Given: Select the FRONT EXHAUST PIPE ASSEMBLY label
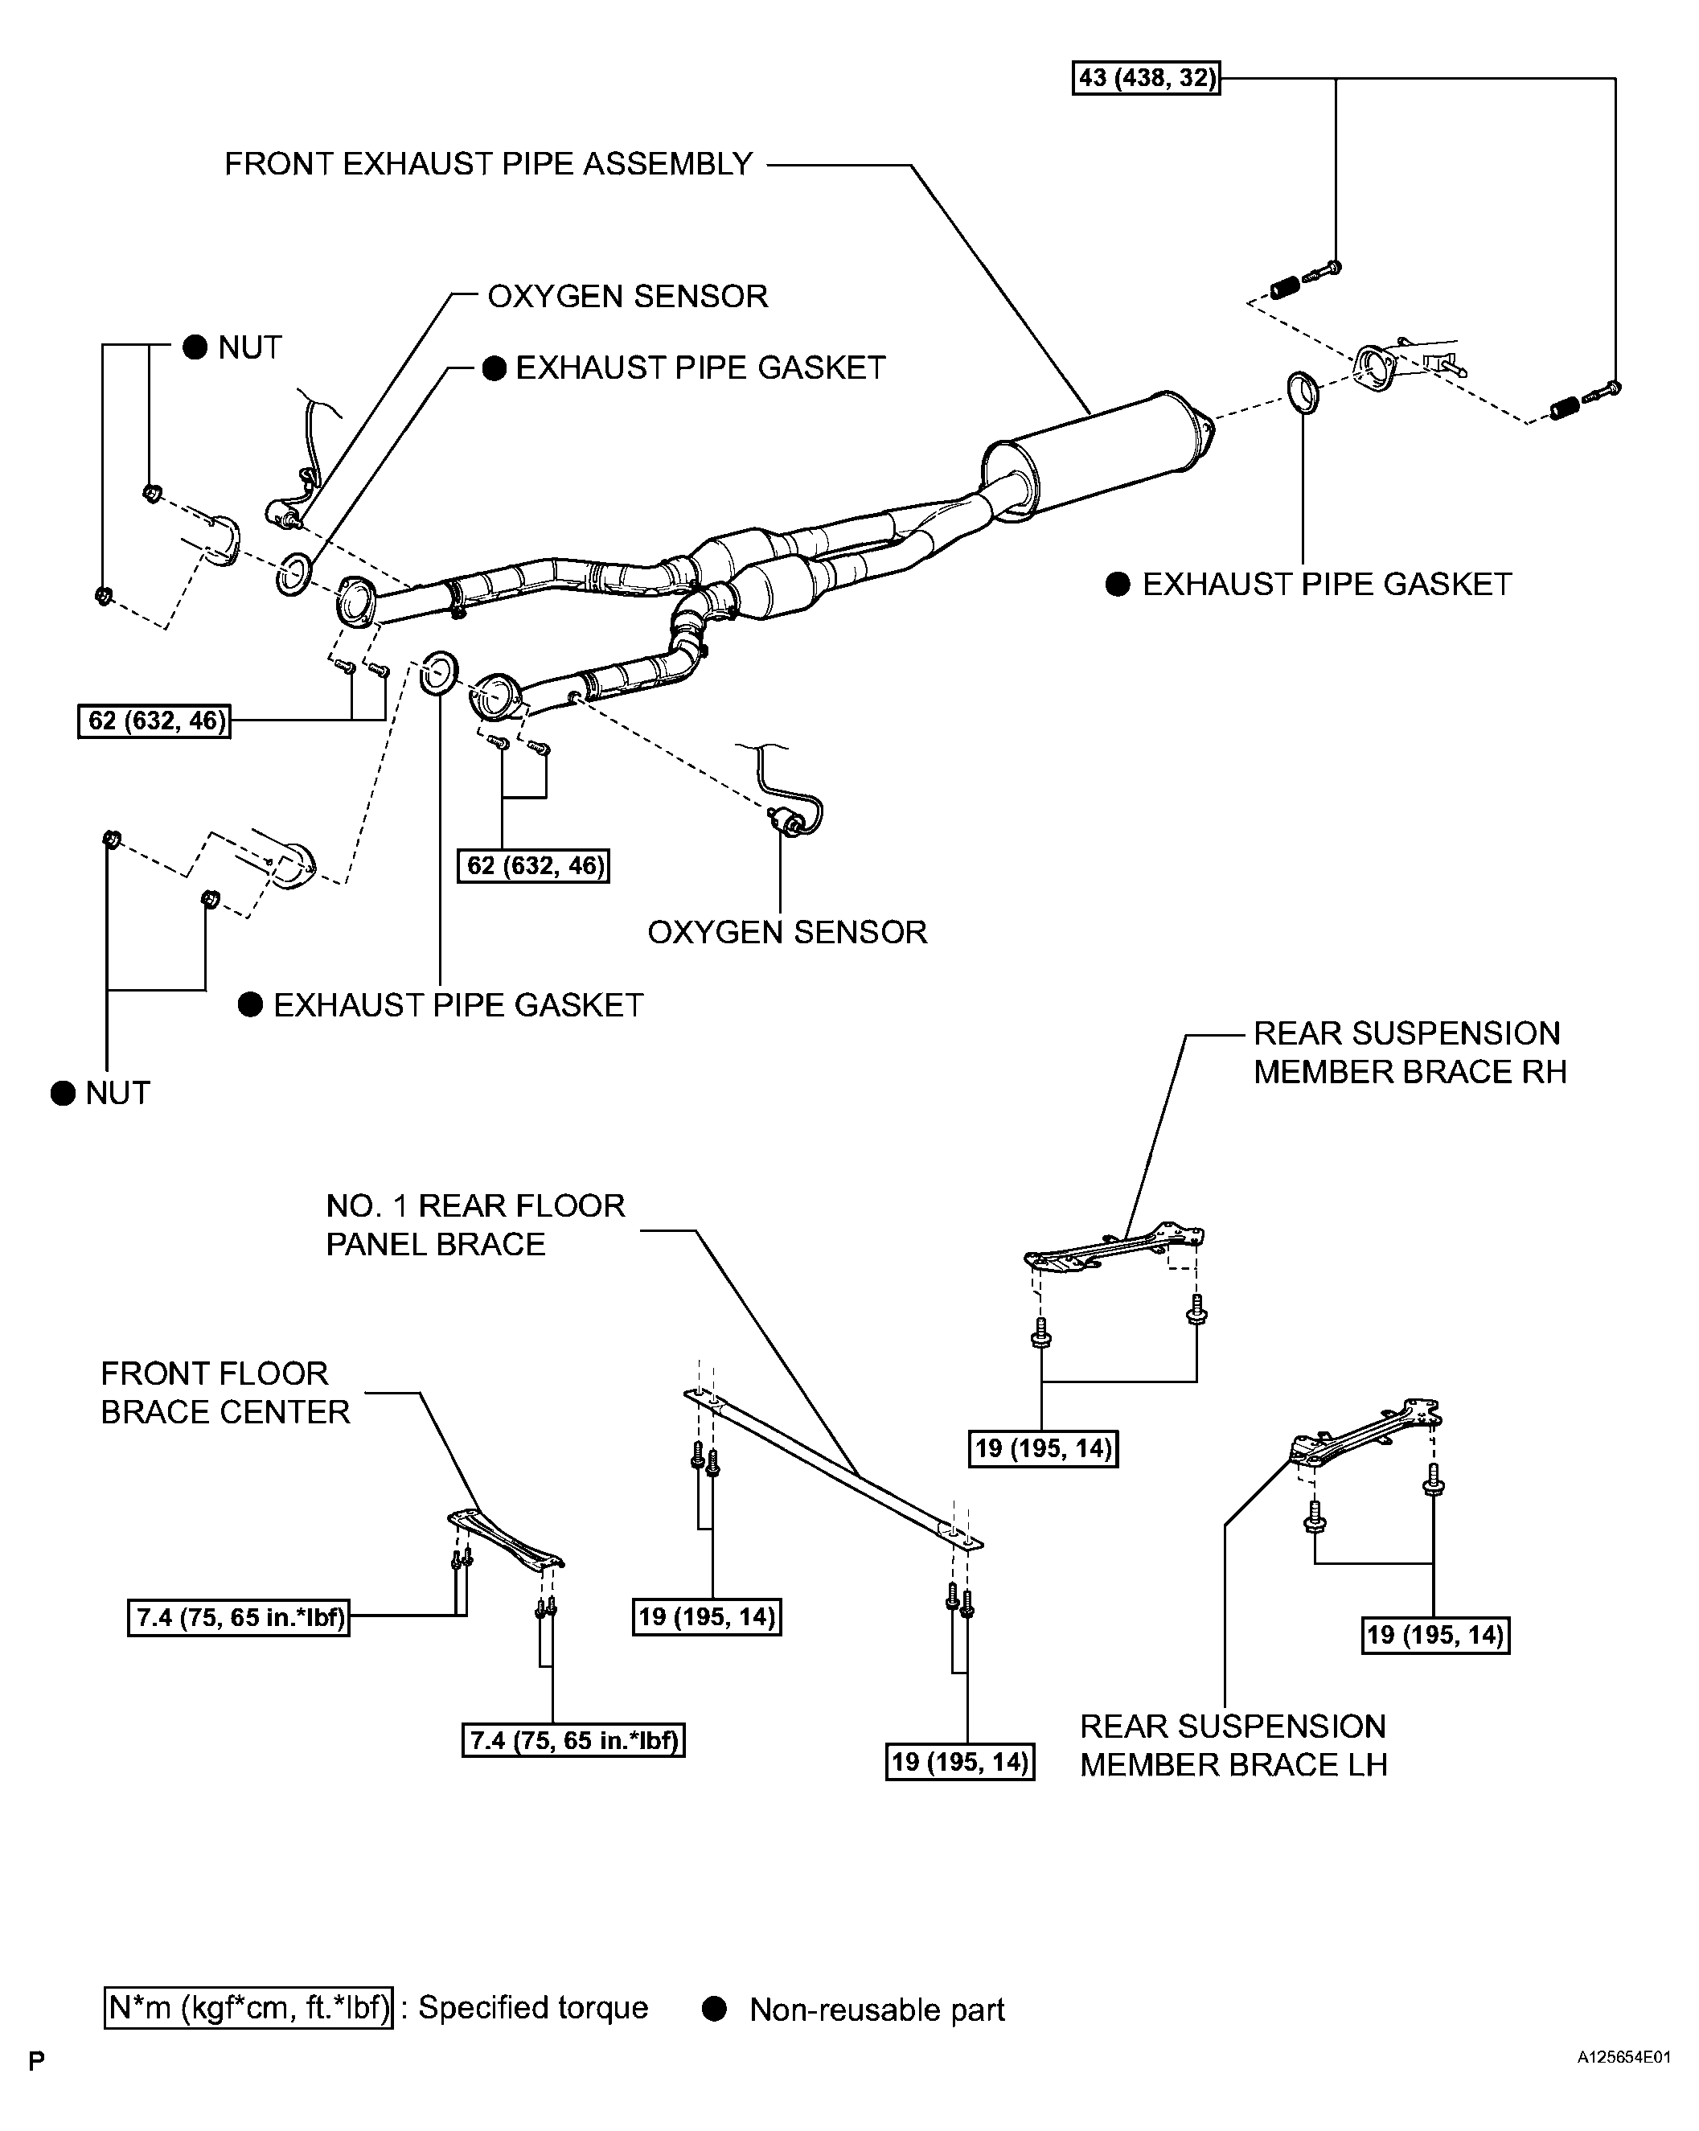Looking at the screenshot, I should [488, 164].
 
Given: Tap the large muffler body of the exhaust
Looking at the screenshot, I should [1097, 454].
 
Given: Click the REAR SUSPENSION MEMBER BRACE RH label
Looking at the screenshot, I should [1410, 1053].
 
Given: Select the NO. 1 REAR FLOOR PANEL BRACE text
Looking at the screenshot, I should [475, 1225].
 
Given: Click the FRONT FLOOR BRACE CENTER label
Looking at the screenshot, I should [225, 1393].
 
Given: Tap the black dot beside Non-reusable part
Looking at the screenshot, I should [715, 2009].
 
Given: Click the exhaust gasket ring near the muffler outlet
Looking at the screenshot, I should [1303, 392].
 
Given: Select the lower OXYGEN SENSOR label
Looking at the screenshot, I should [786, 932].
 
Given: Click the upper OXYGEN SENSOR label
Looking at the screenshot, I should [628, 297].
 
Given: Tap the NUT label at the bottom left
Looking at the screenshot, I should [117, 1093].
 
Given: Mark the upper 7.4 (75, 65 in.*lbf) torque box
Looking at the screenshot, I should [238, 1618].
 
